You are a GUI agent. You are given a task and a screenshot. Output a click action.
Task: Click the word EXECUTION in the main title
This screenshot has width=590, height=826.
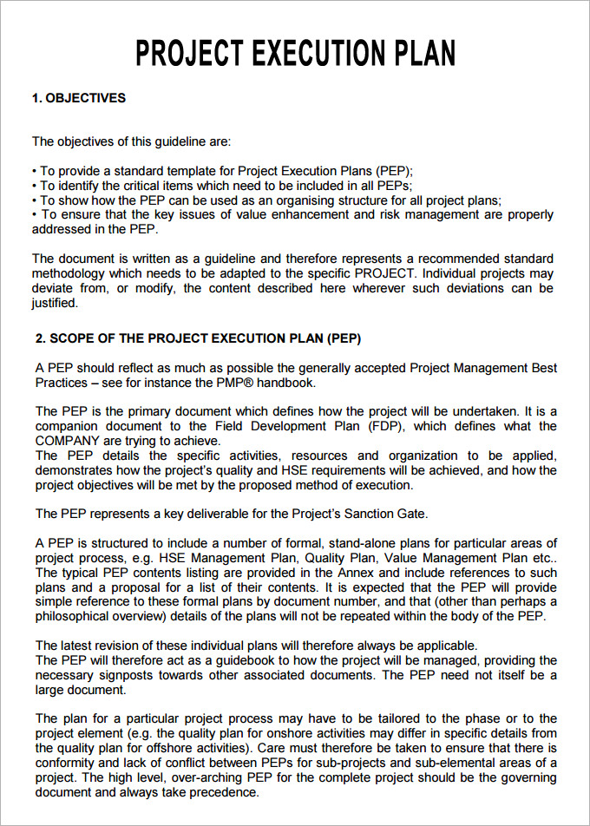[323, 54]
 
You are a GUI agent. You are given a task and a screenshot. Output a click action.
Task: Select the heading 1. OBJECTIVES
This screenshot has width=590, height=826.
[79, 98]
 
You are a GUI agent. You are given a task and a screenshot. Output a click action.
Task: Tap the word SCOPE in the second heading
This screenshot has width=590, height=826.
[69, 338]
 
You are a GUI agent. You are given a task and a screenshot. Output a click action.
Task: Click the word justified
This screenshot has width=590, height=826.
[55, 303]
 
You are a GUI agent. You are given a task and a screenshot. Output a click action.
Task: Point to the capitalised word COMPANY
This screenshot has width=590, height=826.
[68, 441]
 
